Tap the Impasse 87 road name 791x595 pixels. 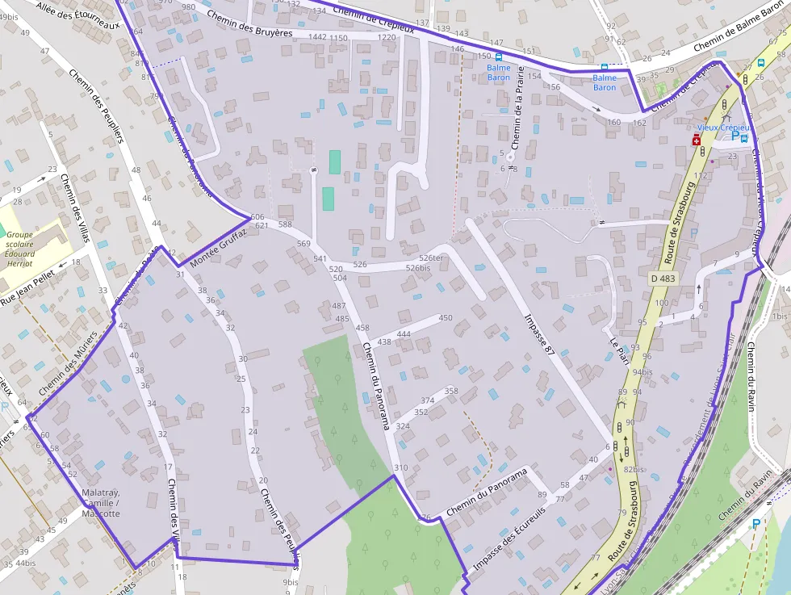coord(540,333)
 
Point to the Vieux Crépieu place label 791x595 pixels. coord(723,128)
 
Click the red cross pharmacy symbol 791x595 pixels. coord(696,140)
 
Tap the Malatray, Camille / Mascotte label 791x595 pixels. coord(100,503)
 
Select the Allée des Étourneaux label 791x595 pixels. coord(77,13)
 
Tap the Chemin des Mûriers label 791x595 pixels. coord(68,362)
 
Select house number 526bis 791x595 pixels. coord(417,268)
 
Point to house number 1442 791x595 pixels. coord(317,37)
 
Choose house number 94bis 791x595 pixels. coord(642,372)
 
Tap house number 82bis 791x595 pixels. coord(634,469)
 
